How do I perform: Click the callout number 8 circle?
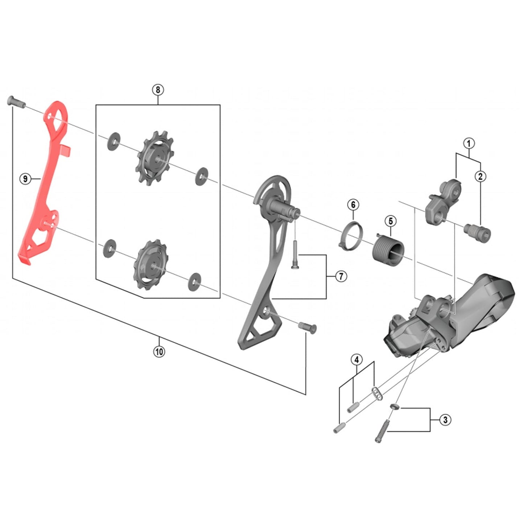coord(158,90)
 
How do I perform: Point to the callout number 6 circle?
coord(353,205)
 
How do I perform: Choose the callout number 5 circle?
coord(391,221)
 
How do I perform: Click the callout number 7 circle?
coord(341,276)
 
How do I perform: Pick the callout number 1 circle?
coord(469,143)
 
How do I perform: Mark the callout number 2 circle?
coord(480,177)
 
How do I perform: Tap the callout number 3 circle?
coord(445,420)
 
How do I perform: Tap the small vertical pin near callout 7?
coord(294,255)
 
